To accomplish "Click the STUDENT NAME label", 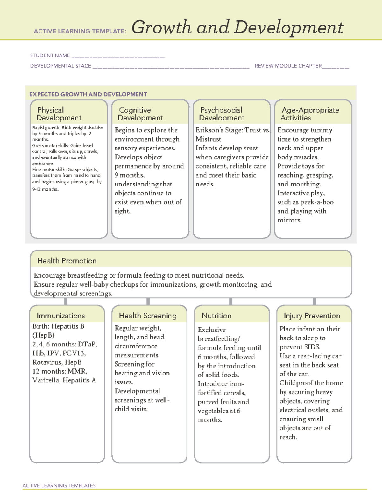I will (50, 55).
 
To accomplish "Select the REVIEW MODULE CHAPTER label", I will (288, 66).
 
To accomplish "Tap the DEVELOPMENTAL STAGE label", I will (60, 66).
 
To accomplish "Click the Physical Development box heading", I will (59, 114).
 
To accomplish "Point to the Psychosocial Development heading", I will (222, 114).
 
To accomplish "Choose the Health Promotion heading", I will (67, 261).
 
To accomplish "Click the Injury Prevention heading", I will (312, 316).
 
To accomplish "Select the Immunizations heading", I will (60, 316).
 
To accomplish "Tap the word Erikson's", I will (209, 130).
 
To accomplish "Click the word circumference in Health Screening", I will (136, 346).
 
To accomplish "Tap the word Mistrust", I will (208, 139).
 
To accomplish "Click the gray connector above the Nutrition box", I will (231, 302).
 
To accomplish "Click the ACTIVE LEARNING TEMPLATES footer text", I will (59, 485).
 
